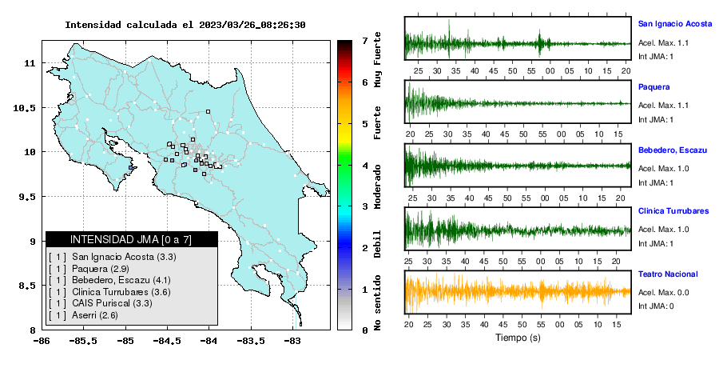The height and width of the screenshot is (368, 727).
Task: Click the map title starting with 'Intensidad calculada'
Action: tap(185, 25)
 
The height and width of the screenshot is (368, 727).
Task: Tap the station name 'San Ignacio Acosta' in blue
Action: tap(675, 24)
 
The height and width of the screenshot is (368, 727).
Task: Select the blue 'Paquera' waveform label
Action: tap(654, 86)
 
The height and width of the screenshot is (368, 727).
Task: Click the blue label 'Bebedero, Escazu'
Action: tap(673, 150)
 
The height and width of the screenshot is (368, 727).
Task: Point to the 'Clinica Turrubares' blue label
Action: tap(673, 210)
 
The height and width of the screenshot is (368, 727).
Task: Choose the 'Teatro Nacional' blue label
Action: tap(668, 274)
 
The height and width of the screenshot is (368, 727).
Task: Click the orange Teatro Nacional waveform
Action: tap(518, 292)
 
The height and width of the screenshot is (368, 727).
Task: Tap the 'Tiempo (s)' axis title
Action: tap(518, 338)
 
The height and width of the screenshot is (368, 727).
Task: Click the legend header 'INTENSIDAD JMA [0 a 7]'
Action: tap(131, 239)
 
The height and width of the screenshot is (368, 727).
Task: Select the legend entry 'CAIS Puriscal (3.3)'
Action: tap(112, 303)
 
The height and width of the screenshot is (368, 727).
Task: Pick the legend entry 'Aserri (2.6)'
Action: tap(95, 315)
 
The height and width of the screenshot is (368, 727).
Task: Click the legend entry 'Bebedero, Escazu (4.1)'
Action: tap(121, 280)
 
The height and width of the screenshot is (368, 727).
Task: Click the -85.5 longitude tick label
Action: tap(84, 342)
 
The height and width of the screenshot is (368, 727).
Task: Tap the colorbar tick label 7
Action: tap(365, 41)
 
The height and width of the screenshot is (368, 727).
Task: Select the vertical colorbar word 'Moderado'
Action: tap(377, 186)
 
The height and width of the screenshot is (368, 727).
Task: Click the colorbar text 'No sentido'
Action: tap(377, 302)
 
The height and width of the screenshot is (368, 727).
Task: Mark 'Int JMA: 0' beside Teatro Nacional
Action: tap(656, 306)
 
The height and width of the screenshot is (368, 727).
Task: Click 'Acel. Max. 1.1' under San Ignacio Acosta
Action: tap(663, 43)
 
